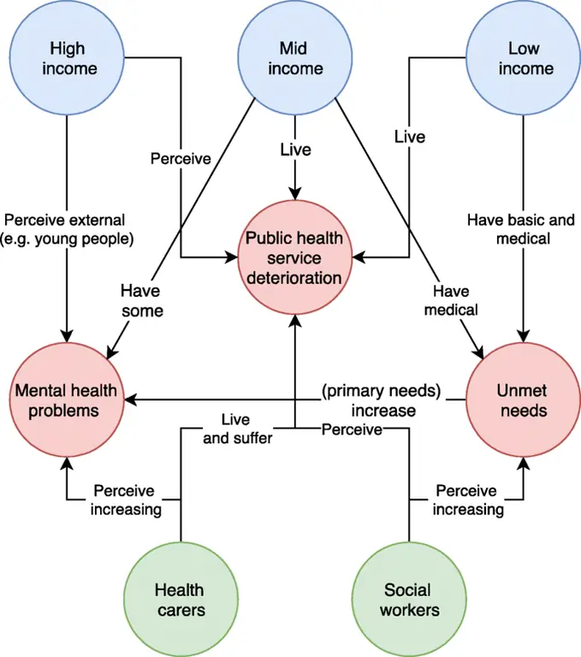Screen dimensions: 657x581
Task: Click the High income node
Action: coord(68,58)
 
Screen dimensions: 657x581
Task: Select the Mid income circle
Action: coord(295,58)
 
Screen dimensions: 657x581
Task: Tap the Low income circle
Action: coord(524,58)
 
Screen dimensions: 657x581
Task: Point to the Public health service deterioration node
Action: coord(295,256)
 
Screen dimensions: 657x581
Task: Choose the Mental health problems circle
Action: coord(68,400)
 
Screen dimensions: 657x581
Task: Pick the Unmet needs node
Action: coord(523,400)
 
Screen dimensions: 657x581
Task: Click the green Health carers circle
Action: coord(180,600)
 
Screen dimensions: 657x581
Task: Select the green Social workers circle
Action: coord(411,600)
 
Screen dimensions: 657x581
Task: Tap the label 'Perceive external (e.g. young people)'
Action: coord(68,229)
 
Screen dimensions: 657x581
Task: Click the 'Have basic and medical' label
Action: coord(521,229)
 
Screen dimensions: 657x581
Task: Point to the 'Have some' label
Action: coord(140,301)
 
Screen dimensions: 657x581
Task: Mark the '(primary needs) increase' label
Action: coord(381,400)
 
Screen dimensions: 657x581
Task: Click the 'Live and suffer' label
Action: coord(246,429)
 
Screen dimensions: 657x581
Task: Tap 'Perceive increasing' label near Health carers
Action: coord(127,500)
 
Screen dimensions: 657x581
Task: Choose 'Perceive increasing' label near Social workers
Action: coord(467,500)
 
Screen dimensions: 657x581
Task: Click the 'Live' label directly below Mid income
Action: coord(295,150)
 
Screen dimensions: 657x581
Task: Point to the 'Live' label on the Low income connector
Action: coord(410,136)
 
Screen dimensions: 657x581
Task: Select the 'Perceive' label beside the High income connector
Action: coord(181,158)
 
